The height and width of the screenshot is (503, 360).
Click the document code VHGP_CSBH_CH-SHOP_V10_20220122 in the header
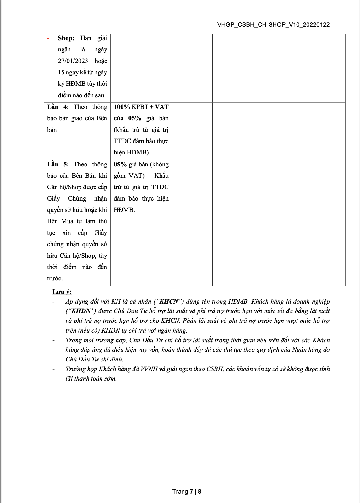click(x=273, y=25)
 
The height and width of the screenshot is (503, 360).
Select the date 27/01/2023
click(x=73, y=61)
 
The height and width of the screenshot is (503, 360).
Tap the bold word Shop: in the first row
click(x=66, y=38)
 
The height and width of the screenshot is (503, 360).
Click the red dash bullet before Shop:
click(x=48, y=38)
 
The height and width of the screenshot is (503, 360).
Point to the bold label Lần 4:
click(x=58, y=107)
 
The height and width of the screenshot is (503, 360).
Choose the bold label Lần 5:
click(x=58, y=165)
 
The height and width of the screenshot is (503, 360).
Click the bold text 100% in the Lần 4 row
click(x=122, y=107)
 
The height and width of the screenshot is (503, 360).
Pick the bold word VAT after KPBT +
click(x=162, y=107)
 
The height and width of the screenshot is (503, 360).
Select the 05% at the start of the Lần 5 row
click(x=120, y=165)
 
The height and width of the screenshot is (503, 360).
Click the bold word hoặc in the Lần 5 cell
click(x=91, y=210)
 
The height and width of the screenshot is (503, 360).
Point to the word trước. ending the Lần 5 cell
click(x=55, y=279)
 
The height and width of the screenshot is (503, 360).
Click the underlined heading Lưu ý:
click(x=62, y=292)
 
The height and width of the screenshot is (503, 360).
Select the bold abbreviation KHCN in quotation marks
click(x=169, y=302)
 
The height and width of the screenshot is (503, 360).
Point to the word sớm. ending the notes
click(x=110, y=379)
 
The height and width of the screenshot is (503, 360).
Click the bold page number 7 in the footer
click(x=191, y=492)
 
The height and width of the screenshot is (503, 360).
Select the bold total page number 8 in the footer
click(x=199, y=492)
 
